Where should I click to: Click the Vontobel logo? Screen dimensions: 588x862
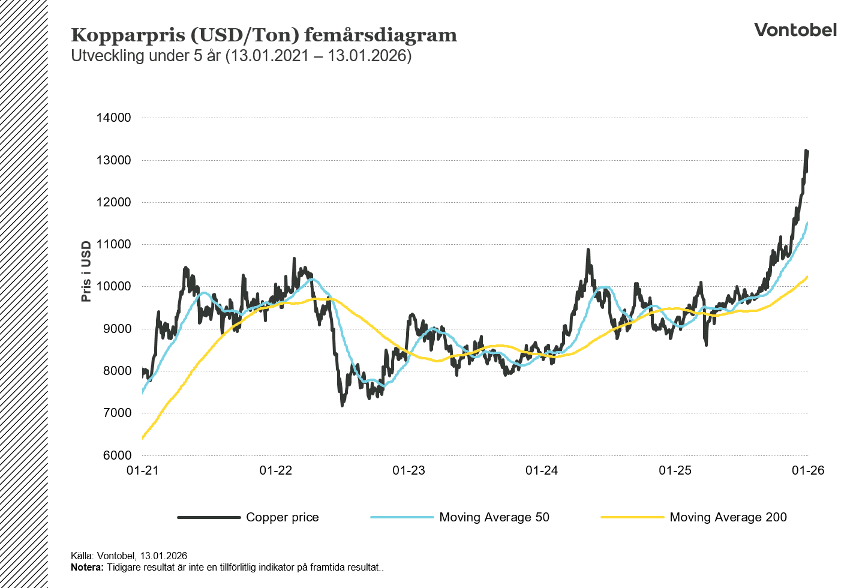(795, 30)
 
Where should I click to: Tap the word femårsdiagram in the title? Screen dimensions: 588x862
(380, 35)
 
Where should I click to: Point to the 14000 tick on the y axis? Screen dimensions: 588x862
(114, 118)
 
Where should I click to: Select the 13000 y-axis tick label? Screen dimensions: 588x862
(114, 160)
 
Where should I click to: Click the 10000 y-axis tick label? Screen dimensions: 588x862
(114, 286)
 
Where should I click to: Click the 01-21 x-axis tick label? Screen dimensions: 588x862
(143, 470)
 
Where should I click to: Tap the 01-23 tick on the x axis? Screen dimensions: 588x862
(409, 470)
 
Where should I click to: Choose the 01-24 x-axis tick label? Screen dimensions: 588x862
(542, 470)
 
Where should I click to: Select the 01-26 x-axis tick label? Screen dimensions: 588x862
(808, 470)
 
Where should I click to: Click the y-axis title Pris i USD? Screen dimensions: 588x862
(86, 271)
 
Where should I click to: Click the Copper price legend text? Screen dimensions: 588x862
(282, 517)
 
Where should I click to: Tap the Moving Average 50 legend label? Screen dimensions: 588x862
(494, 517)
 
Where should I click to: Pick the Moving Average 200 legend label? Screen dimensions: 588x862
(728, 517)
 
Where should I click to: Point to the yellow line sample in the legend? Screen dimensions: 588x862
(632, 517)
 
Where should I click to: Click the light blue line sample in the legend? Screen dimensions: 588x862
(402, 517)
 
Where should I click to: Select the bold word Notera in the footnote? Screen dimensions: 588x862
(87, 567)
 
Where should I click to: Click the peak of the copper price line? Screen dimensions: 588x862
(806, 151)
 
